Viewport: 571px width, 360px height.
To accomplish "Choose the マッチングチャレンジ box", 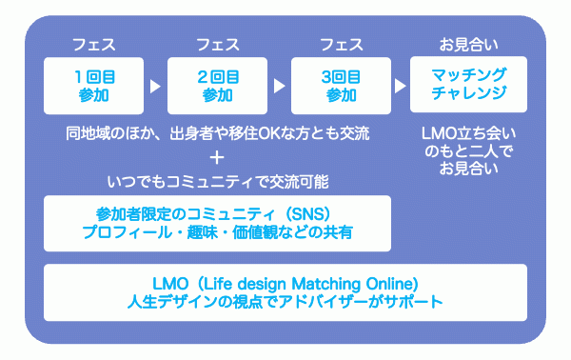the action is click(469, 85).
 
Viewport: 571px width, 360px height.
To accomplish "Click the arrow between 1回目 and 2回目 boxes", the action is click(156, 86).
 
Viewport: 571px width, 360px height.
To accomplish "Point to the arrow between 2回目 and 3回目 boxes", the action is click(280, 86).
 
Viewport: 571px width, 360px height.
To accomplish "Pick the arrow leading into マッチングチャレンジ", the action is click(401, 86).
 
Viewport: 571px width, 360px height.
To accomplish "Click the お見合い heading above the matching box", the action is click(469, 44).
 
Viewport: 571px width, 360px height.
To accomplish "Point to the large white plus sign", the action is click(218, 155).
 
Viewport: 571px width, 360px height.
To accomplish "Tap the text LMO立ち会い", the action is click(469, 133).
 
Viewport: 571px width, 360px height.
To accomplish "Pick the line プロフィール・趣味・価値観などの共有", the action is click(218, 232).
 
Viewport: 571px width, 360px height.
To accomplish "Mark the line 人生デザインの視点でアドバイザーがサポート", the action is click(285, 303).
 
